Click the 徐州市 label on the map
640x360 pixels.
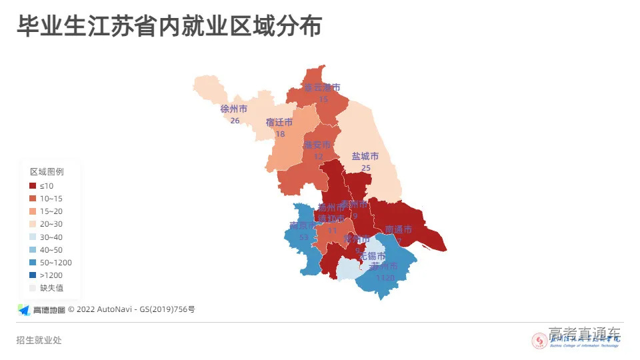pyautogui.click(x=234, y=109)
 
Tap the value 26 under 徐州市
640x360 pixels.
pyautogui.click(x=235, y=121)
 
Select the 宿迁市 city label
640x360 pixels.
pyautogui.click(x=279, y=122)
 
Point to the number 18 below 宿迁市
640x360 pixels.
pyautogui.click(x=280, y=134)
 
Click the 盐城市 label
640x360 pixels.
pyautogui.click(x=365, y=156)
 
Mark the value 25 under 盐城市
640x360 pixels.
pyautogui.click(x=365, y=168)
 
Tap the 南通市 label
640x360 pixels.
pyautogui.click(x=399, y=229)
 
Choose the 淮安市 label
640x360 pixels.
pyautogui.click(x=317, y=145)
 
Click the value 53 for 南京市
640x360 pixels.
pyautogui.click(x=304, y=237)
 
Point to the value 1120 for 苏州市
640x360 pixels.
pyautogui.click(x=385, y=277)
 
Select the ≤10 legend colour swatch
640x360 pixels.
pyautogui.click(x=33, y=185)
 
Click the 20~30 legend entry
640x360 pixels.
pyautogui.click(x=51, y=224)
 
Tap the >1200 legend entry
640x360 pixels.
pyautogui.click(x=51, y=275)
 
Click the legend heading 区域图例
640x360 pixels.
pyautogui.click(x=47, y=171)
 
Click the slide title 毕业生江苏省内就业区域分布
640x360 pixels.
pyautogui.click(x=169, y=27)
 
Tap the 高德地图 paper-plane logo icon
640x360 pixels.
pyautogui.click(x=24, y=309)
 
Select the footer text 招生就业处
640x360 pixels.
pyautogui.click(x=39, y=341)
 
